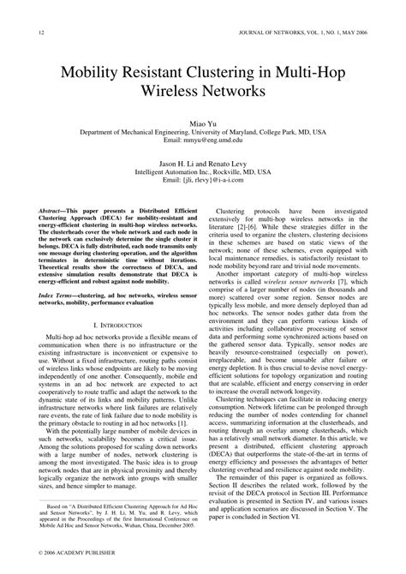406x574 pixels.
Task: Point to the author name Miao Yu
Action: point(203,124)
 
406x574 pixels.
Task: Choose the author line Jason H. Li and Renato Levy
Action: point(203,163)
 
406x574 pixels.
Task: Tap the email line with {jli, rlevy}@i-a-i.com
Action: point(203,180)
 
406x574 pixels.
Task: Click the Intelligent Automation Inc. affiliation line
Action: point(203,171)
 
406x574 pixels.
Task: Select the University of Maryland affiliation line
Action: point(203,133)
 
